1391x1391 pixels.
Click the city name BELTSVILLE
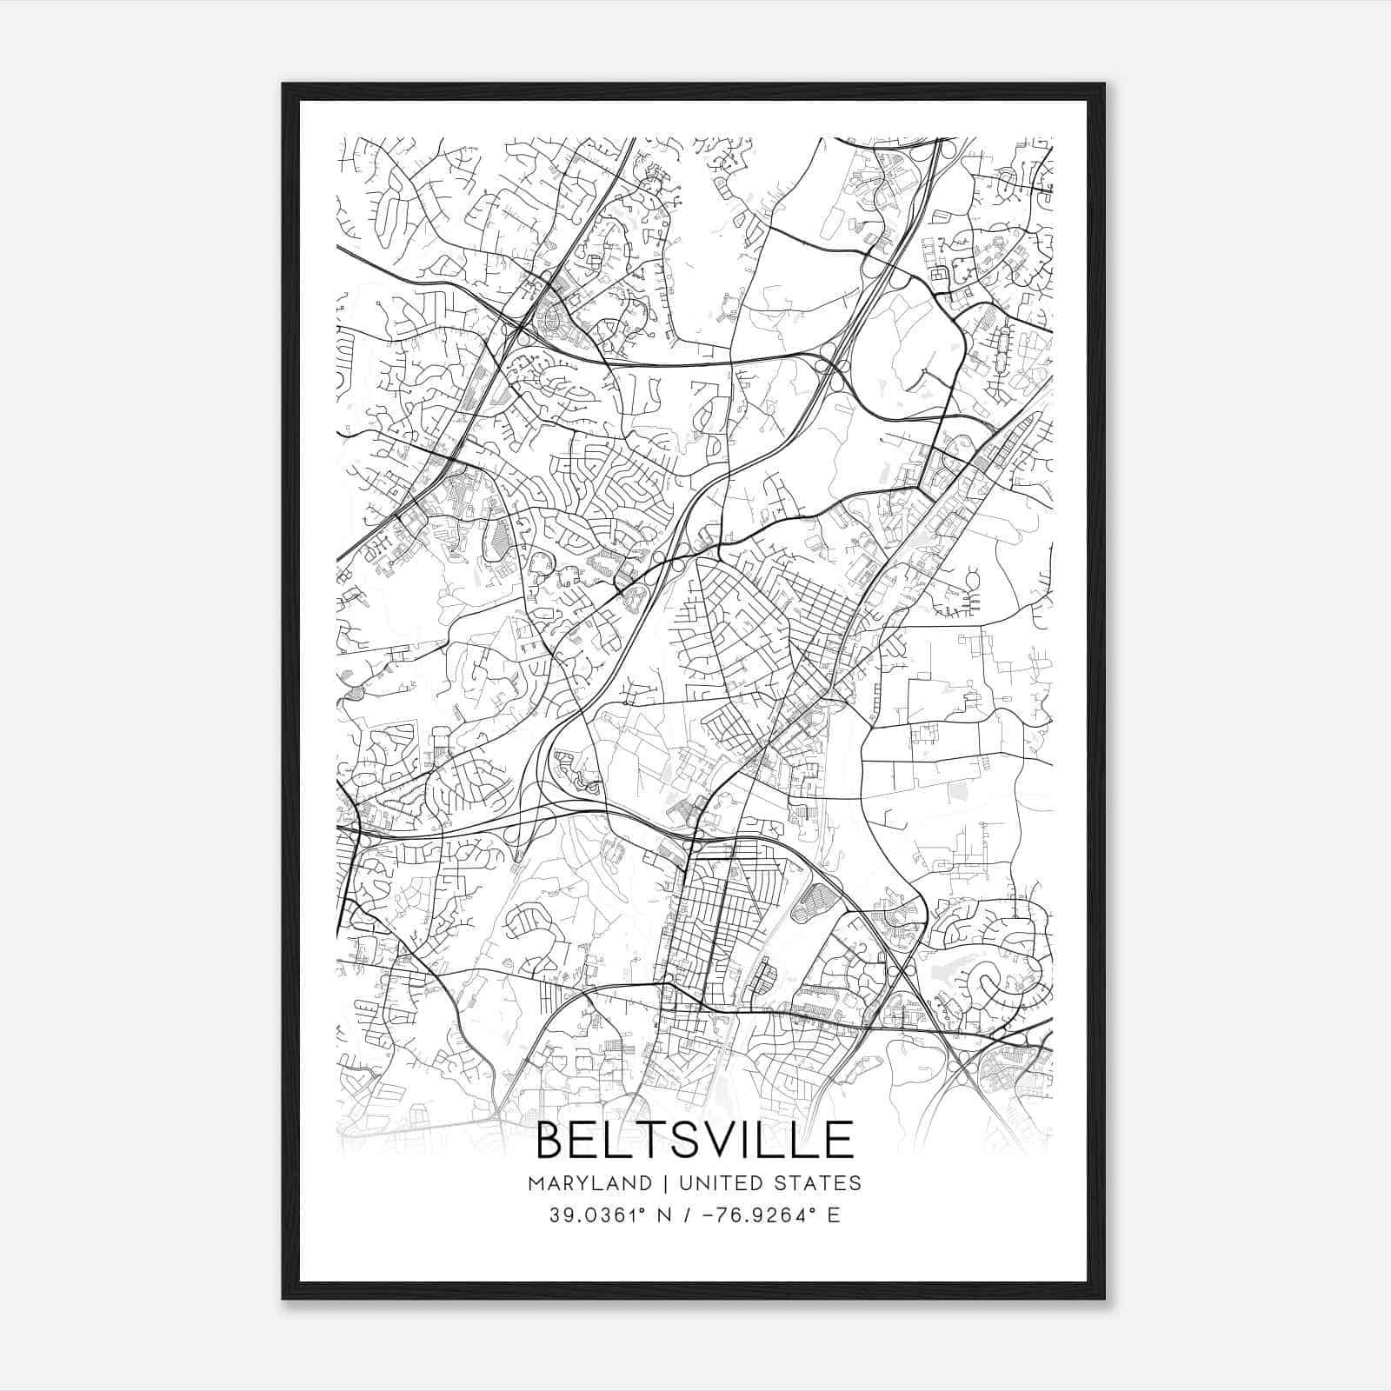pos(695,1141)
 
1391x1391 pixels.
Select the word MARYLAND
pos(589,1183)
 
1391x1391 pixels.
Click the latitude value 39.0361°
pos(600,1215)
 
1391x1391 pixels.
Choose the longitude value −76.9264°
pos(751,1215)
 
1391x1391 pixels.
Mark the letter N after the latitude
pos(665,1215)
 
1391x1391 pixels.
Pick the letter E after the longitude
pos(834,1215)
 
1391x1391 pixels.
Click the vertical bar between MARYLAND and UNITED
pos(664,1183)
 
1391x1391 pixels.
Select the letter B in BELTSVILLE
pos(553,1141)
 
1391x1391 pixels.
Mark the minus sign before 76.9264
pos(705,1215)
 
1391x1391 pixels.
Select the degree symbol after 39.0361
pos(645,1210)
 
